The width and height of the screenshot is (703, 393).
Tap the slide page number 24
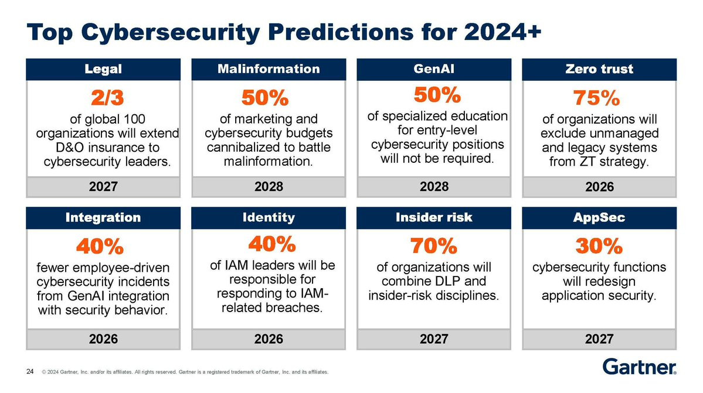click(29, 371)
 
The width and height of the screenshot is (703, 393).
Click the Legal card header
click(103, 69)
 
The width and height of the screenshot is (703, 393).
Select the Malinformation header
click(269, 69)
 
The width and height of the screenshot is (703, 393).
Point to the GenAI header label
click(434, 69)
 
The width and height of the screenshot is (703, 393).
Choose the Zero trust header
click(599, 69)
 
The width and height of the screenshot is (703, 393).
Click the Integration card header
click(103, 217)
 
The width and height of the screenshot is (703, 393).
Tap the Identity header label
click(269, 217)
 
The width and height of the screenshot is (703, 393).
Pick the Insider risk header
click(434, 217)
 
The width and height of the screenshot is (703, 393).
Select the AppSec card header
click(599, 217)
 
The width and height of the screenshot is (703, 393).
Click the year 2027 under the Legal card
click(103, 187)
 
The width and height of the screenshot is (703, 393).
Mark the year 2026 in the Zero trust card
click(599, 187)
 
